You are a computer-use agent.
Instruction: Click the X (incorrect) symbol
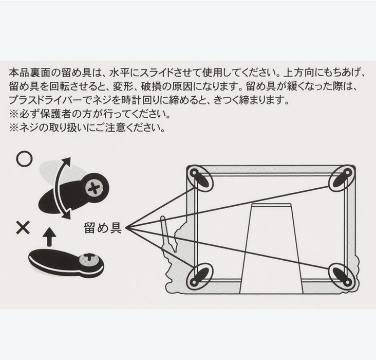coord(23,228)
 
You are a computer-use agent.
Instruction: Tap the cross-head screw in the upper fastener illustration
coord(94,188)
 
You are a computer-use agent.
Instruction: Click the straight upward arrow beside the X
coord(49,237)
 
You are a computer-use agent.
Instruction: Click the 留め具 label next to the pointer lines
coord(103,228)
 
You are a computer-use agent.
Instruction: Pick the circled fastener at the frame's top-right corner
coord(342,178)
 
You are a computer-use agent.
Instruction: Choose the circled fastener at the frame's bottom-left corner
coord(200,276)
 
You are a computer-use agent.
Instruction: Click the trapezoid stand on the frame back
coord(271,248)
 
